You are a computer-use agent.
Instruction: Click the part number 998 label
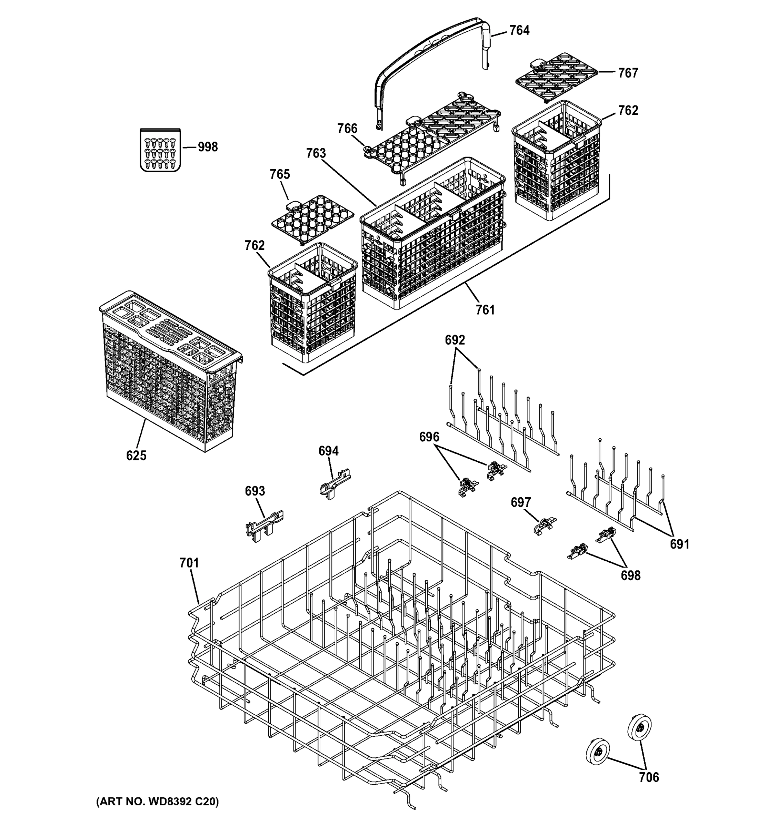click(x=207, y=147)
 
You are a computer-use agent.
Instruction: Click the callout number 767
click(x=628, y=73)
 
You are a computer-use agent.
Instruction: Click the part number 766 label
click(x=347, y=129)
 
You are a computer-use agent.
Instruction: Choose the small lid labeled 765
click(x=312, y=218)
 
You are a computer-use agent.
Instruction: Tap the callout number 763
click(x=316, y=153)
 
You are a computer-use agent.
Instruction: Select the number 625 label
click(x=136, y=456)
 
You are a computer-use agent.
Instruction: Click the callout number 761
click(x=485, y=310)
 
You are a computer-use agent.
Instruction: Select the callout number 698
click(x=630, y=576)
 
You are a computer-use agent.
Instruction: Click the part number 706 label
click(x=649, y=777)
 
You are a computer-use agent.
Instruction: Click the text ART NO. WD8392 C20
click(x=157, y=802)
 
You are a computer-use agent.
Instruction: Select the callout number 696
click(x=429, y=437)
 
